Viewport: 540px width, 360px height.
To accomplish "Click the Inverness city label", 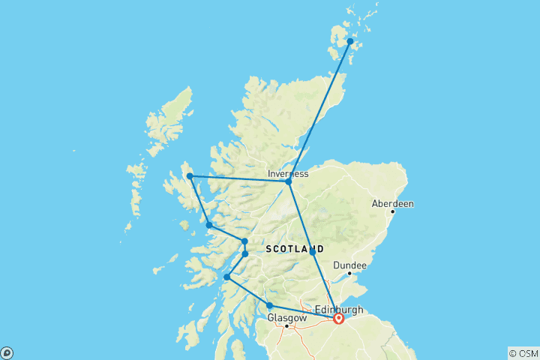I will coord(288,174).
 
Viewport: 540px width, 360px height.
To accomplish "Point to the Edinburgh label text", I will coord(339,309).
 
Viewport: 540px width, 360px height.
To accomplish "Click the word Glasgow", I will coord(286,318).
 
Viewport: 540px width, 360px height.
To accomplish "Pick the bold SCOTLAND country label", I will coord(295,248).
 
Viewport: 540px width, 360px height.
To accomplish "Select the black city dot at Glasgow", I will coord(286,326).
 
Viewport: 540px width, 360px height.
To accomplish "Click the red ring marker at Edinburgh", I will coord(338,318).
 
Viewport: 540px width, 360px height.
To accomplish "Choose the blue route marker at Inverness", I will coord(288,181).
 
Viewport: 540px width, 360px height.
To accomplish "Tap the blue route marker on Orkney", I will coord(349,41).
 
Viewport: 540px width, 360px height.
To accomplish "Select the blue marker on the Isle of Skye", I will coord(190,176).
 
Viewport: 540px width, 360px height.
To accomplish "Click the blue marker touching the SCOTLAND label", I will coord(313,253).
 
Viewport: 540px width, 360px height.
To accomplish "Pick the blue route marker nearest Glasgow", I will coord(269,305).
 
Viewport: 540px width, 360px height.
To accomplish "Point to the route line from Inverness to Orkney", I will coord(319,111).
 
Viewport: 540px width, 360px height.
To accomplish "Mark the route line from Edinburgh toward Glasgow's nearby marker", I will coord(304,311).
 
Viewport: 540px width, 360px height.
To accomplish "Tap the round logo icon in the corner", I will coord(6,353).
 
